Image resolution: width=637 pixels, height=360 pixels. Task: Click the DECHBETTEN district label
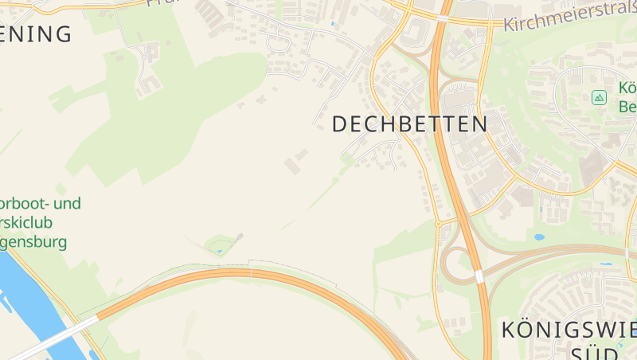click(409, 124)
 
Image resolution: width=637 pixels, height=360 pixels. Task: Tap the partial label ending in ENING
click(36, 34)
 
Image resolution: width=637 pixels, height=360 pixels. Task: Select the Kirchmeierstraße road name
click(569, 19)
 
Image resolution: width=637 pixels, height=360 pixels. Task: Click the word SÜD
click(594, 352)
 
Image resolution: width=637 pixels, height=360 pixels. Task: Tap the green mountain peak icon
click(599, 97)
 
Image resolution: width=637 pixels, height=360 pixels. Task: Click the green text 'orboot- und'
click(40, 204)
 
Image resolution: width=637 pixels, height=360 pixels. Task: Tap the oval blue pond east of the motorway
click(539, 237)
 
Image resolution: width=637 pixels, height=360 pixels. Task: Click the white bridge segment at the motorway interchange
click(479, 276)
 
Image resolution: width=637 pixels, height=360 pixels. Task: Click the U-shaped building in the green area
click(148, 80)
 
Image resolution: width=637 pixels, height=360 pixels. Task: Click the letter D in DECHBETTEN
click(340, 124)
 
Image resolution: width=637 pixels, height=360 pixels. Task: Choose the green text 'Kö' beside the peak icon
click(626, 88)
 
